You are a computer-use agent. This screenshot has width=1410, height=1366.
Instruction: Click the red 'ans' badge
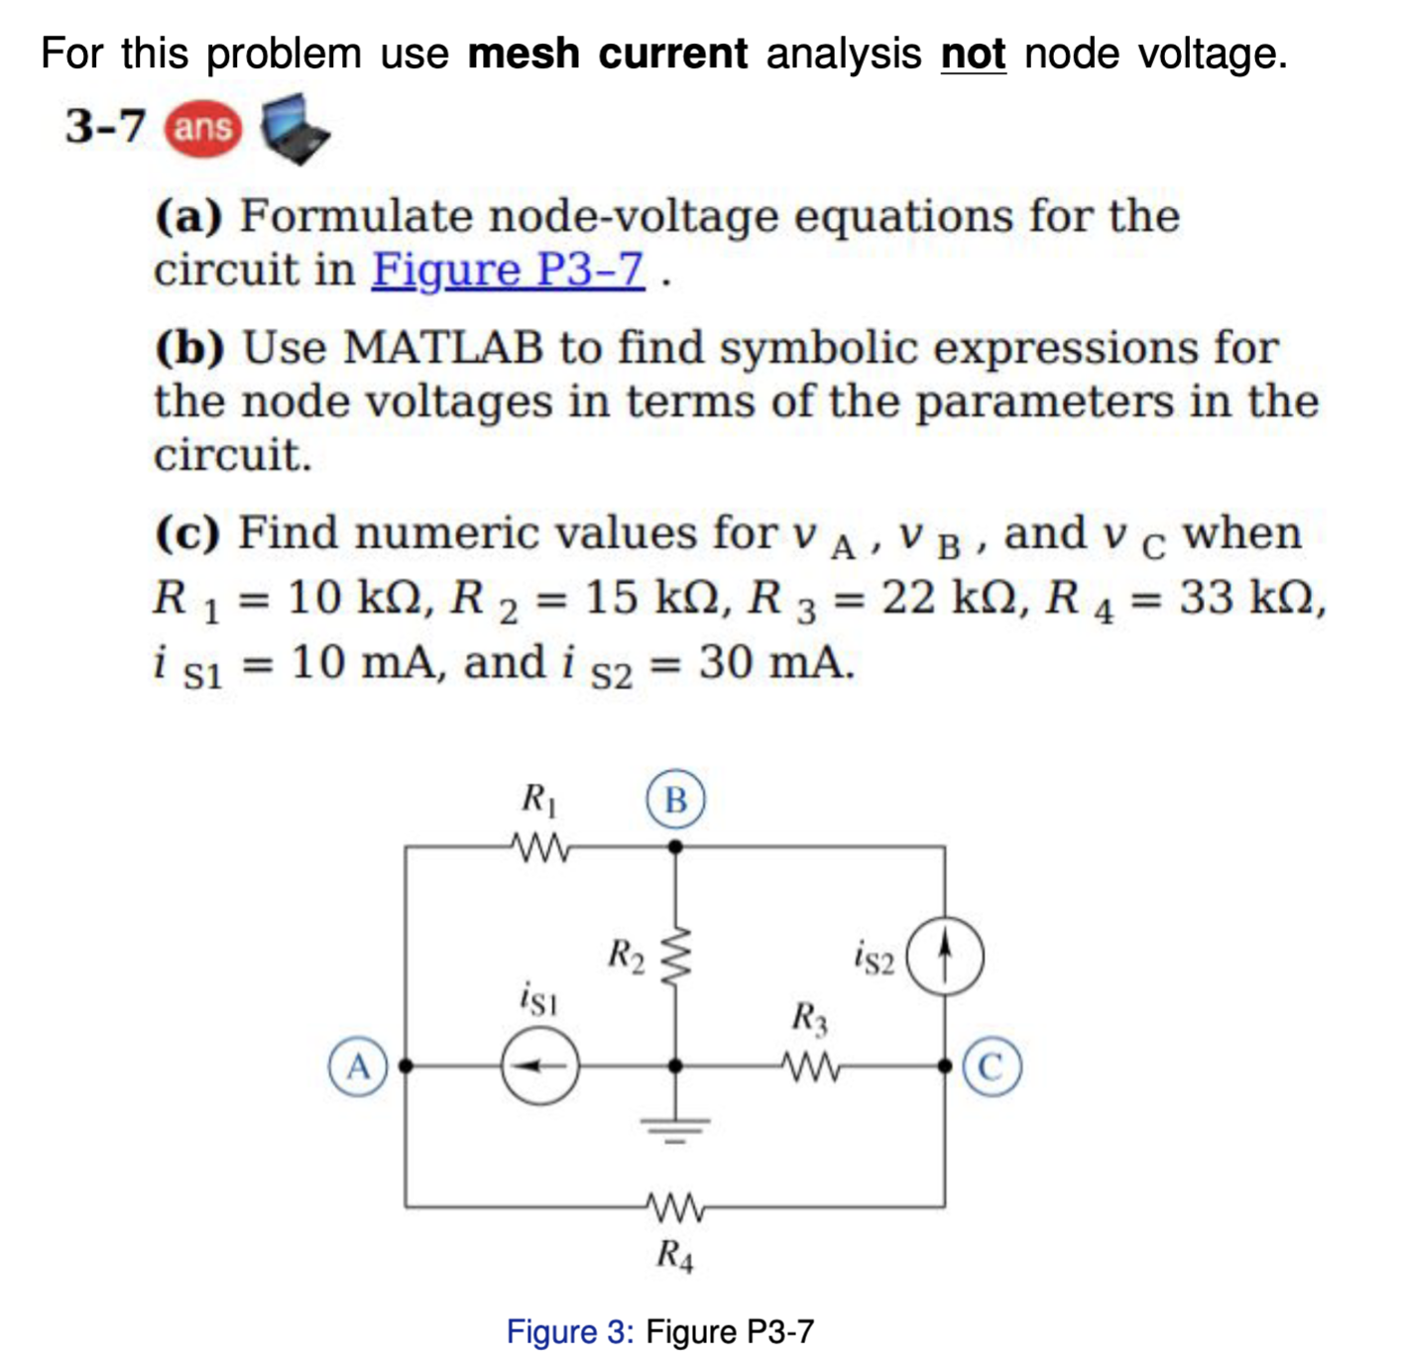click(202, 129)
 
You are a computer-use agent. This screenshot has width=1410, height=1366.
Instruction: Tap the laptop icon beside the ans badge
click(294, 129)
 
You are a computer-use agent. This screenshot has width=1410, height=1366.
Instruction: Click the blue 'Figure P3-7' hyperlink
click(508, 270)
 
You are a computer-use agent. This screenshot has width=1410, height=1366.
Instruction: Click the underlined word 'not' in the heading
click(973, 54)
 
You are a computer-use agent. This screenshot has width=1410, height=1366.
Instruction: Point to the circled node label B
click(675, 799)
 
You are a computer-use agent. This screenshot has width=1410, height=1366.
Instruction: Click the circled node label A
click(358, 1067)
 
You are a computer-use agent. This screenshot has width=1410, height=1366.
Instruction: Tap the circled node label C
click(992, 1067)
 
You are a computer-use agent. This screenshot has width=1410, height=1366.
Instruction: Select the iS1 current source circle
click(539, 1067)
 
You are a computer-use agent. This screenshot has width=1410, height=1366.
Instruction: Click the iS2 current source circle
click(945, 957)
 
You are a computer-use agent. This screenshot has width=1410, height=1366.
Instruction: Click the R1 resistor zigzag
click(540, 848)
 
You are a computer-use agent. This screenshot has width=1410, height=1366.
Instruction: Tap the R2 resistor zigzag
click(675, 956)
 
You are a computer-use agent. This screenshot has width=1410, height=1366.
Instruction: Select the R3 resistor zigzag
click(811, 1067)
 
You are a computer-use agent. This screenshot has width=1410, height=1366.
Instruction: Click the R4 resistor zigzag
click(676, 1206)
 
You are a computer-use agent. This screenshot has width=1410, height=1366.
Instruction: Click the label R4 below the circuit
click(675, 1256)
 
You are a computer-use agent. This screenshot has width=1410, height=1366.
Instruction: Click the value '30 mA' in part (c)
click(775, 662)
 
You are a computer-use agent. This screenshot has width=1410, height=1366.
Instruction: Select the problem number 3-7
click(105, 127)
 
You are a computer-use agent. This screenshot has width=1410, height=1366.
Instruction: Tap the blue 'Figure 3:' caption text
click(569, 1331)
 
